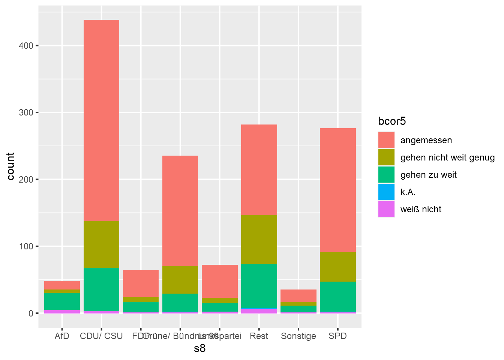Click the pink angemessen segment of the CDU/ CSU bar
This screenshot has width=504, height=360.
point(101,120)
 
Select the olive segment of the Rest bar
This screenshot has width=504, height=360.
point(259,239)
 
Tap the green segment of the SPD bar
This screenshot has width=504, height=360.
point(337,296)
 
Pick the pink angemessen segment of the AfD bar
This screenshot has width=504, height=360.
point(62,285)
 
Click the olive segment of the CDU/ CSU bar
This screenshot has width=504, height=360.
point(101,244)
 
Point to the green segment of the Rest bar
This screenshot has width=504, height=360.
point(259,286)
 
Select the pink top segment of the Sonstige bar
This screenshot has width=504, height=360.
point(298,295)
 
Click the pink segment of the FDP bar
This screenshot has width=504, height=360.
point(141,283)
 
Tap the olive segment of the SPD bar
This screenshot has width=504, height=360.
point(337,267)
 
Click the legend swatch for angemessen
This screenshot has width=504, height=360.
point(386,140)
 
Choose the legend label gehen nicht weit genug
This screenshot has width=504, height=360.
point(447,157)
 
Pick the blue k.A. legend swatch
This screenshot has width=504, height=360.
point(386,192)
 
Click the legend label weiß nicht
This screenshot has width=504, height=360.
point(421,209)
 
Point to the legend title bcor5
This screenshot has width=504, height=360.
point(392,121)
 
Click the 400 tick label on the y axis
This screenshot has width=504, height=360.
point(26,46)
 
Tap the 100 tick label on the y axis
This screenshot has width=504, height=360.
point(26,246)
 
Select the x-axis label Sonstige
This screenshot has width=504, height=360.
point(298,336)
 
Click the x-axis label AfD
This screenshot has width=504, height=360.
point(62,336)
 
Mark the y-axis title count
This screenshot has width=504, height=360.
point(10,166)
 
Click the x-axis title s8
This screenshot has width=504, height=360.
point(200,349)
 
